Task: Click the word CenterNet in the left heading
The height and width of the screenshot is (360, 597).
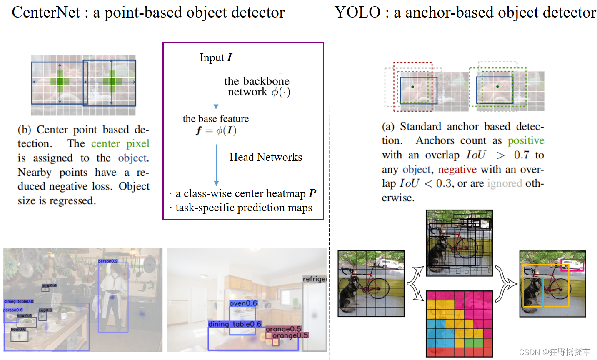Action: [x=46, y=12]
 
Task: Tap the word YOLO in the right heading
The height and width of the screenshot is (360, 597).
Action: [x=357, y=12]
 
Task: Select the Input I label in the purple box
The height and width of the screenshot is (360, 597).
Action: [x=215, y=57]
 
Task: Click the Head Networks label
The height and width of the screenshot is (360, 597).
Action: [x=265, y=157]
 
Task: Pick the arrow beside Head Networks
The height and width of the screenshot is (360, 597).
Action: [x=216, y=165]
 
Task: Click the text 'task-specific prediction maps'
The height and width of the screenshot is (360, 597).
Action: [x=244, y=207]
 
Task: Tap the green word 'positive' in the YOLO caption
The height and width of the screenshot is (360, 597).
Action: [x=526, y=141]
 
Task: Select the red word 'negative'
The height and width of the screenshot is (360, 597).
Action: [x=457, y=170]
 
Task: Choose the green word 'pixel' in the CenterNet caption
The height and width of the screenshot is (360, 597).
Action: [x=137, y=144]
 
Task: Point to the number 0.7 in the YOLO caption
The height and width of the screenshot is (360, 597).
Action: [x=522, y=155]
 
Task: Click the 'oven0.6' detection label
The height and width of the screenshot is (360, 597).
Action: [x=243, y=303]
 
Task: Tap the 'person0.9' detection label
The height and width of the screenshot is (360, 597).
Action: [x=108, y=261]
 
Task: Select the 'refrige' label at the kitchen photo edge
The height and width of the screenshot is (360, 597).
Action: [x=314, y=279]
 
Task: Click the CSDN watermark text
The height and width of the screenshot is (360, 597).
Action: [x=555, y=352]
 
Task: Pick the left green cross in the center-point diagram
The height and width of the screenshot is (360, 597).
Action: [x=60, y=82]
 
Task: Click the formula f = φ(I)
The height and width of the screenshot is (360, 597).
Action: [x=216, y=130]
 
